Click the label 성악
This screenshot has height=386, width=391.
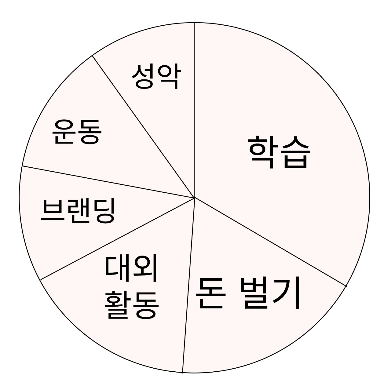click(x=156, y=76)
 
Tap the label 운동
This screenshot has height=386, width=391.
click(x=77, y=132)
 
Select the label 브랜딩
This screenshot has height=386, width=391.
click(x=78, y=210)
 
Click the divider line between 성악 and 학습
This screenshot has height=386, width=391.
click(x=195, y=110)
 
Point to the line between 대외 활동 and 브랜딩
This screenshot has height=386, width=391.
click(x=118, y=239)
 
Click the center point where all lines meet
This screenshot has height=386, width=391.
click(x=195, y=198)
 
